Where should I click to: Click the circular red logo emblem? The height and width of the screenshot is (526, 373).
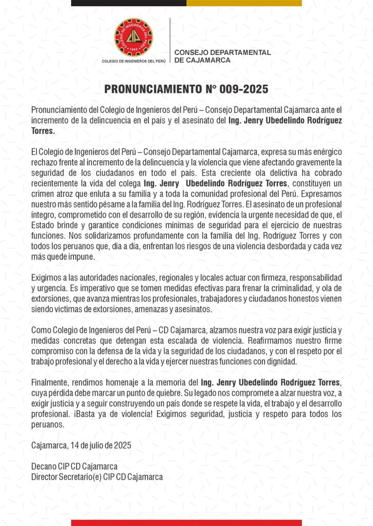[133, 37]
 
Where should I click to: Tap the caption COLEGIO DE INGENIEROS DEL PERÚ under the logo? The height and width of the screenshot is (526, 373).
[134, 62]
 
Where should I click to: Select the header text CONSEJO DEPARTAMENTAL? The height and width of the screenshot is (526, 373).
[222, 52]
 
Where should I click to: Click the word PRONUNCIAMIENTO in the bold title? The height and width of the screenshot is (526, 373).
[150, 89]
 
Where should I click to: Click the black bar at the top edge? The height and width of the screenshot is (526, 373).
[129, 3]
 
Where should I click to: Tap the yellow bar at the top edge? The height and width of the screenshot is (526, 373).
[244, 3]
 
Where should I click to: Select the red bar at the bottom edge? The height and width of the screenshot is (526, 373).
[186, 522]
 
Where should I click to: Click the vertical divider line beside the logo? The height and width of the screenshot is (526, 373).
[170, 41]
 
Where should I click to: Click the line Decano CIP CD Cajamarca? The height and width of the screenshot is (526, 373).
[75, 466]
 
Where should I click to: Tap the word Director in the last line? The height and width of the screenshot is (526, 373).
[45, 477]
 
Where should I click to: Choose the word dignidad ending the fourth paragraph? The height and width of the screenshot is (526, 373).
[282, 361]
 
